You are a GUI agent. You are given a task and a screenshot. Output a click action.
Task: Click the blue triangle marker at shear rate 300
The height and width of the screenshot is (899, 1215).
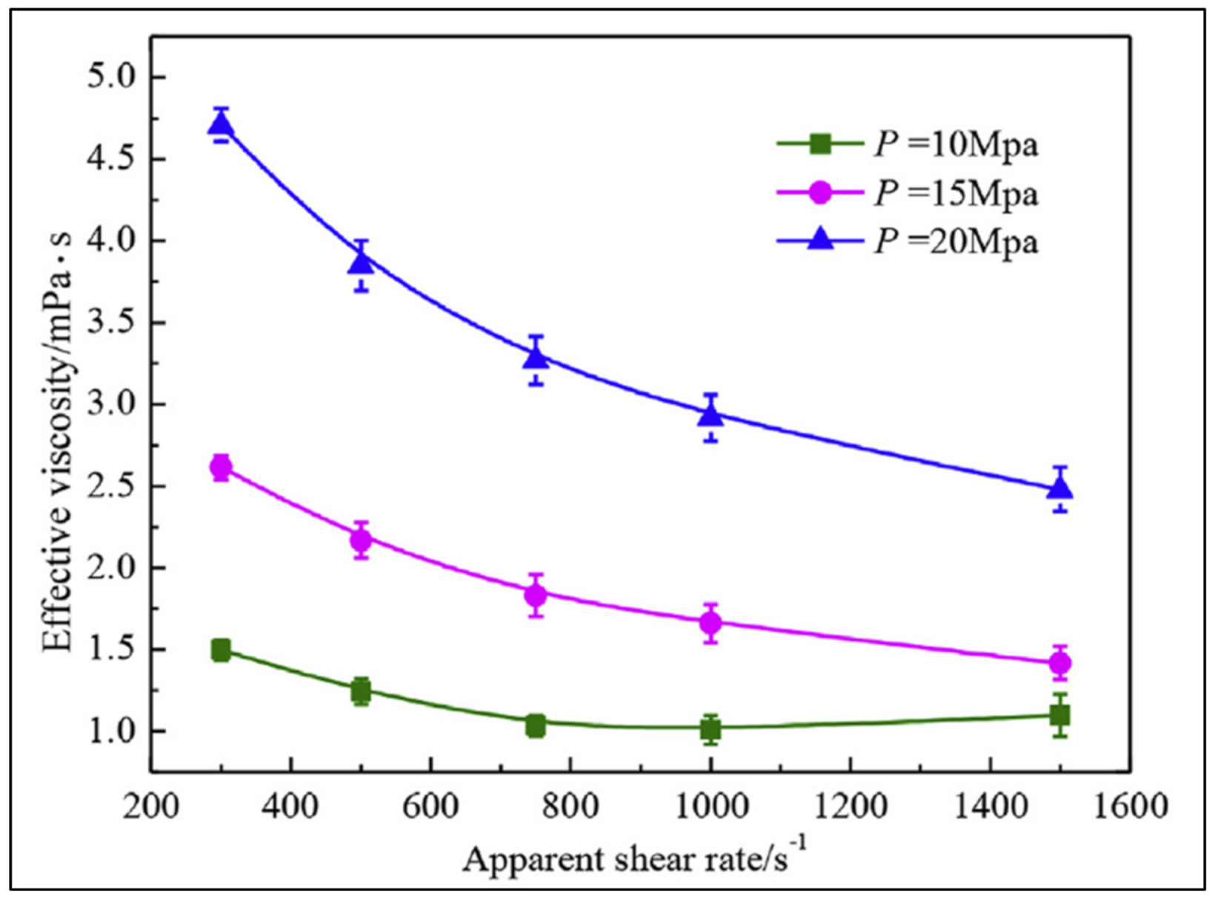coord(221,126)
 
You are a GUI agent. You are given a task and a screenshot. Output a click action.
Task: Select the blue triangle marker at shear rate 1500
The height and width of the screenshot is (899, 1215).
coord(1060,489)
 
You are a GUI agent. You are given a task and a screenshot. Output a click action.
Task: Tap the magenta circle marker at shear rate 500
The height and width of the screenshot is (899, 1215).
coord(361,540)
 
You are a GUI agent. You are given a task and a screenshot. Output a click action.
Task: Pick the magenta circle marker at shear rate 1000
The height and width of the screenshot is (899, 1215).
coord(710,624)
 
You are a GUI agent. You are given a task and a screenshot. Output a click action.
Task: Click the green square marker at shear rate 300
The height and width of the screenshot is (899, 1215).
coord(221,651)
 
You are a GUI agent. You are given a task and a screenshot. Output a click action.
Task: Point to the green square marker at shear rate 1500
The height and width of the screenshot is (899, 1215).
coord(1060,715)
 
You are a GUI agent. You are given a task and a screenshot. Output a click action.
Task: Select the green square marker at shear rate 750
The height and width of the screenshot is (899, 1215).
coord(536,726)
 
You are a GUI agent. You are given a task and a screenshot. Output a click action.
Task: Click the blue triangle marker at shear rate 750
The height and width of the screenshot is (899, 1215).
coord(536,358)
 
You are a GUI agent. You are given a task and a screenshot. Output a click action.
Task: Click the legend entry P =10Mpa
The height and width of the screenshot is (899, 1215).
coord(956,144)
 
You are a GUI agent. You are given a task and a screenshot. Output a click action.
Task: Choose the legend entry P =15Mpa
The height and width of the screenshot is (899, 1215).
coord(956,193)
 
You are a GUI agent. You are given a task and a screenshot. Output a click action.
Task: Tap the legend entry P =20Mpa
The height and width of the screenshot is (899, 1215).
coord(956,241)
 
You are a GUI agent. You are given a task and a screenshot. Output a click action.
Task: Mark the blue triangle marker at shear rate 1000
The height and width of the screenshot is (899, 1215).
coord(710,416)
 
